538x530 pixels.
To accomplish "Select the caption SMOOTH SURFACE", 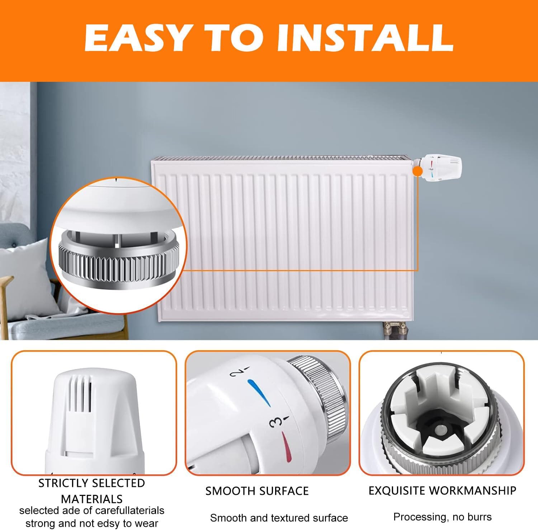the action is [257, 491].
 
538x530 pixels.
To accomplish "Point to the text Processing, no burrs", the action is [442, 517].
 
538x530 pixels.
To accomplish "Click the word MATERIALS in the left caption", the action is [92, 499].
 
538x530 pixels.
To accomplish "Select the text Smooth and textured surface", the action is [279, 518].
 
